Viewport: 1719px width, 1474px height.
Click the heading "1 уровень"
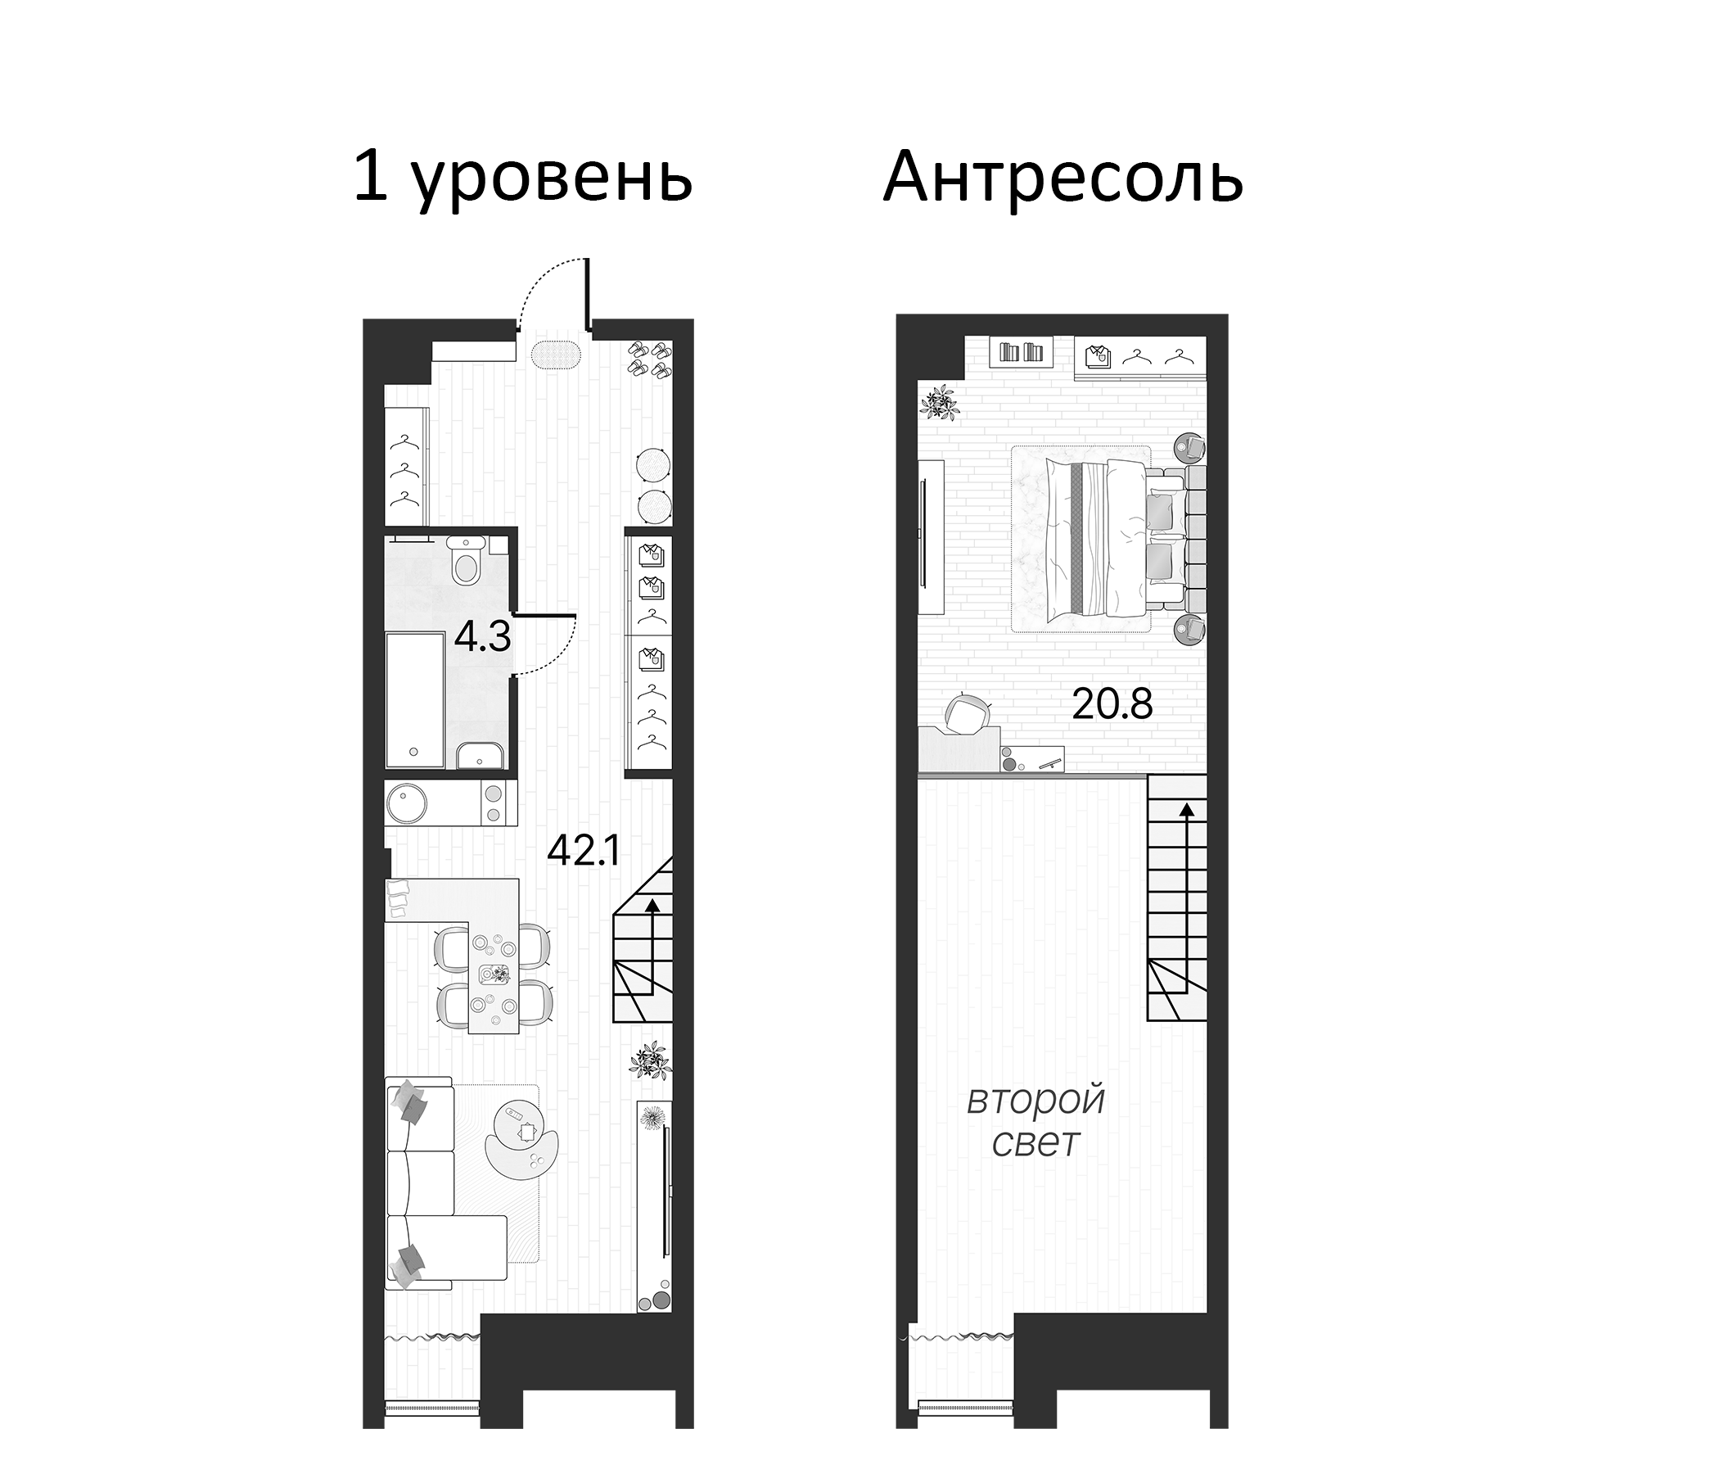tap(523, 178)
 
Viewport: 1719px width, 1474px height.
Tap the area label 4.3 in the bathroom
tap(482, 637)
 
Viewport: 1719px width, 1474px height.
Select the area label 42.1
tap(584, 851)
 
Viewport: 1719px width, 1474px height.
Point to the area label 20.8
tap(1112, 704)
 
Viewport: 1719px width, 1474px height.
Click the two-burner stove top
tap(494, 803)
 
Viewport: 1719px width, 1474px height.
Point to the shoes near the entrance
tap(649, 360)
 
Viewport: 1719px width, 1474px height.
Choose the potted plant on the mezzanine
tap(940, 404)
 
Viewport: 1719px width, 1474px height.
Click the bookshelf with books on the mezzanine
tap(1022, 352)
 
